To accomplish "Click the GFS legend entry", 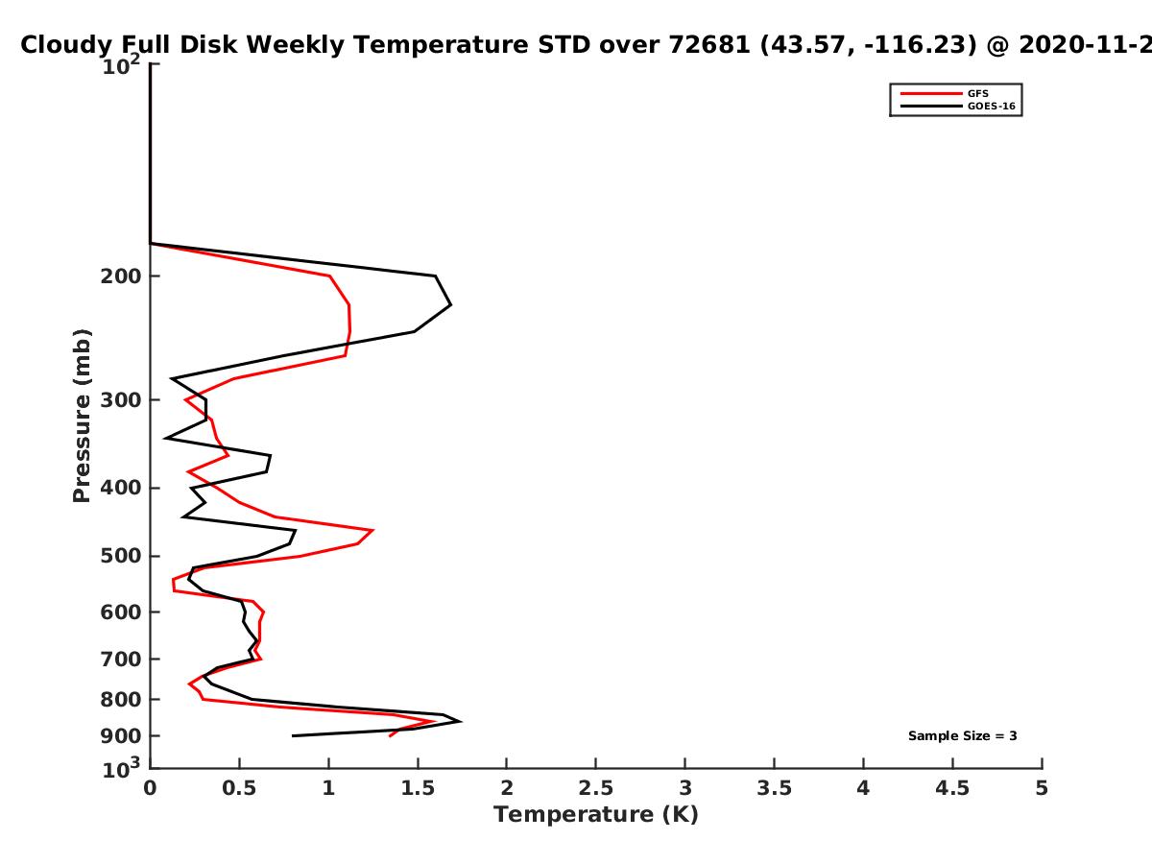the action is click(x=945, y=93).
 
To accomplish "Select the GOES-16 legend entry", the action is click(x=958, y=106).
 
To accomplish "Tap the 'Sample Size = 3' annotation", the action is click(x=963, y=736).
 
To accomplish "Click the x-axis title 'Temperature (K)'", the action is click(x=596, y=815).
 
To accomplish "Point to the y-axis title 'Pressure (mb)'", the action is click(x=82, y=416).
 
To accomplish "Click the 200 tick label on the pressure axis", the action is click(x=121, y=276).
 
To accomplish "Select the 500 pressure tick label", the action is click(x=121, y=556).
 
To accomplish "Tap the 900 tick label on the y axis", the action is click(x=121, y=736).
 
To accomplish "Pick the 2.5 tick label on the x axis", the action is click(x=596, y=788).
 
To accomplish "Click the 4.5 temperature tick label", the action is click(x=952, y=788).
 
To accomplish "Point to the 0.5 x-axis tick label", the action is click(x=239, y=788).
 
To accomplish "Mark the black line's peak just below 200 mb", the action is click(x=451, y=304).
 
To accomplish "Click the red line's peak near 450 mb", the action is click(x=372, y=530).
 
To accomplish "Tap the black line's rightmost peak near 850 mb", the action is click(x=461, y=721).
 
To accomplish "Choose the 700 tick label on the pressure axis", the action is click(x=121, y=660).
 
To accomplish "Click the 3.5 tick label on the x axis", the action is click(x=774, y=788).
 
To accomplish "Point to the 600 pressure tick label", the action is click(x=121, y=612).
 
